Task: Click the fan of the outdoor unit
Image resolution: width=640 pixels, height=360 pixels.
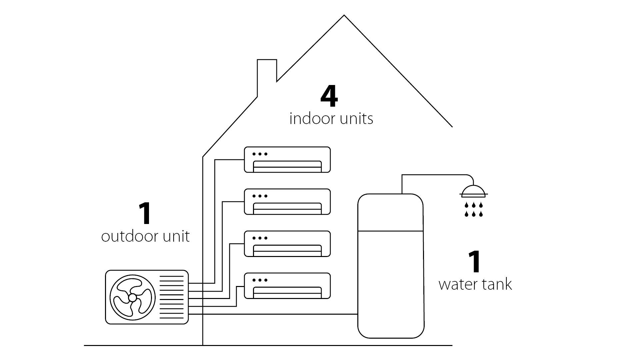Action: coord(132,297)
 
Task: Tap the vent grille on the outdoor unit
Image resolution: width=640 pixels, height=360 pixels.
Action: coord(172,297)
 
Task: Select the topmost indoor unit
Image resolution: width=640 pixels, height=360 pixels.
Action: coord(287,160)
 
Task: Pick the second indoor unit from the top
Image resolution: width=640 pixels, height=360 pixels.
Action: coord(287,202)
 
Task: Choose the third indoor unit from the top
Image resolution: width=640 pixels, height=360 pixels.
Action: coord(287,244)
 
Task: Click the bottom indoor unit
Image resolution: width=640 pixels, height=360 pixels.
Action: coord(287,286)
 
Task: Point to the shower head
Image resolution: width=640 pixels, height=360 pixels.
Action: coord(474,190)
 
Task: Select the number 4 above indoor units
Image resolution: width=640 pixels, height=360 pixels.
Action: coord(329,97)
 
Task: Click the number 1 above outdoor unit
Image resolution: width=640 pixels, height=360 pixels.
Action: coord(145,214)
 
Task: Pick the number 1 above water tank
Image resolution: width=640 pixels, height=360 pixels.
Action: coord(475,262)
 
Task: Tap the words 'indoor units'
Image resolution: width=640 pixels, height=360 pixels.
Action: coord(331,119)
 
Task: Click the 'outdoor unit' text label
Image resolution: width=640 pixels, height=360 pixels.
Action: coord(145,237)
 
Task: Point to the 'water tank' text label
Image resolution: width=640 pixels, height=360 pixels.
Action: coord(475,285)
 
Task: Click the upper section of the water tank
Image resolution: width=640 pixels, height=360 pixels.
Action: coord(390,213)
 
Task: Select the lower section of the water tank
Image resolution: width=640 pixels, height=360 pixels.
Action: coord(390,283)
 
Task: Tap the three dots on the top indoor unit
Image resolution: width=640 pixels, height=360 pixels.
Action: coord(260,154)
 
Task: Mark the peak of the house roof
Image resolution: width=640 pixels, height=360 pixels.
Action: coord(344,16)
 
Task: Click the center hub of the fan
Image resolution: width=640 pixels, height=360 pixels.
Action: coord(132,297)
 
